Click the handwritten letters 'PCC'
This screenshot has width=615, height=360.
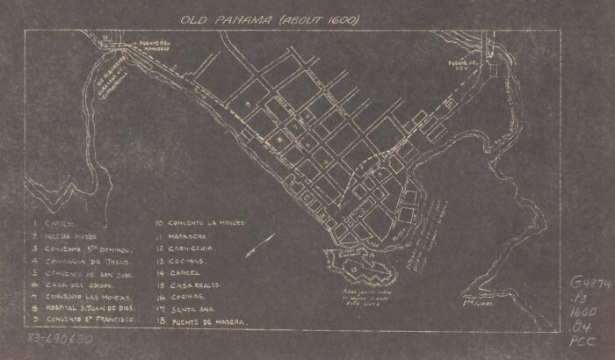click(583, 339)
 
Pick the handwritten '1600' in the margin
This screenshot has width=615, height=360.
click(584, 312)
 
